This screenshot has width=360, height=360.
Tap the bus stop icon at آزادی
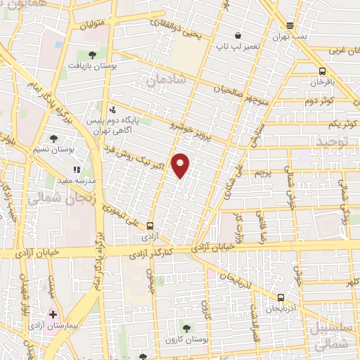[x=150, y=226]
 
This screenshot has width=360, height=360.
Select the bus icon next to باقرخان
[x=322, y=71]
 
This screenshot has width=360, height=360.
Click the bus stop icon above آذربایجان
[x=281, y=298]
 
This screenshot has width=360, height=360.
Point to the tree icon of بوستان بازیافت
[x=92, y=54]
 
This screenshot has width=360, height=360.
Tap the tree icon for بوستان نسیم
[x=54, y=139]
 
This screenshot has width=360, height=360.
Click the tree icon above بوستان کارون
[x=186, y=328]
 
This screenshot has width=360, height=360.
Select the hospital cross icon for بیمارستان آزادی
[x=51, y=314]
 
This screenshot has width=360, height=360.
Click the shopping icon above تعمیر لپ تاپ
[x=238, y=35]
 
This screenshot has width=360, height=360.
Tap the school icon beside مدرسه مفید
[x=77, y=169]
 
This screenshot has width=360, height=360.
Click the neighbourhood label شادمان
[x=167, y=81]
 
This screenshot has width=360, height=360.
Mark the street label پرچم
[x=262, y=172]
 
